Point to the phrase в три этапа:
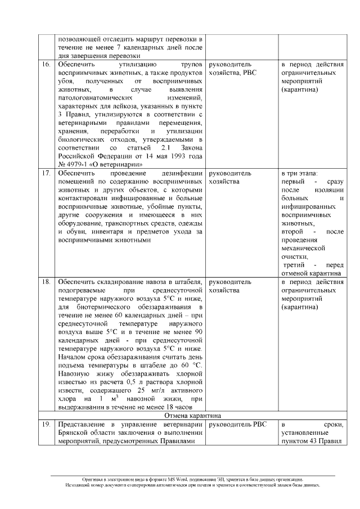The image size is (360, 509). click(x=300, y=173)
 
